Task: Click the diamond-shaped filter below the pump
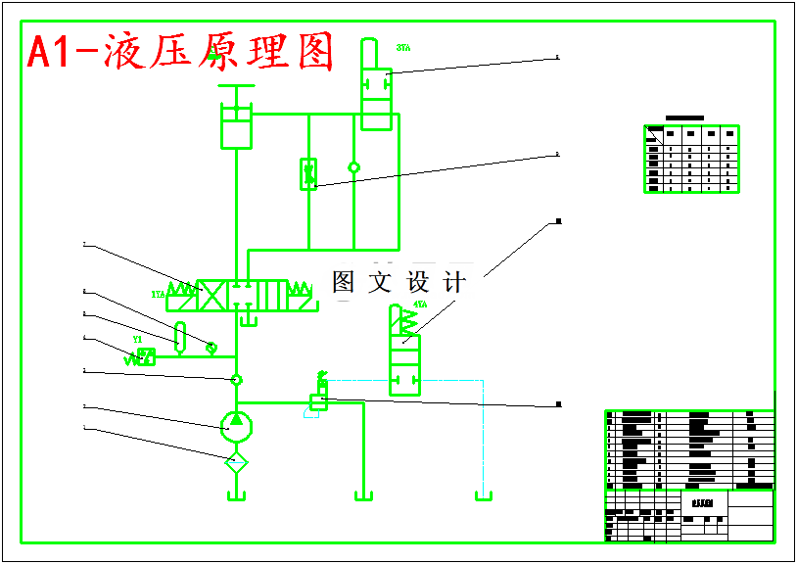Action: point(237,461)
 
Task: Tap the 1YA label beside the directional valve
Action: point(158,294)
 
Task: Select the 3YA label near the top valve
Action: point(402,47)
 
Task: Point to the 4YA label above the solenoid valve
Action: point(420,305)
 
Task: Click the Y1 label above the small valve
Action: point(137,340)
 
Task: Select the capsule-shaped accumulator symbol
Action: point(179,337)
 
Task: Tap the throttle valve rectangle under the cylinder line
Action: point(308,174)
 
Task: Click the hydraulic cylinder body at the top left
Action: point(237,127)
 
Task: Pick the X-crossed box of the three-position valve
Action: point(212,295)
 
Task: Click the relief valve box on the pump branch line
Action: point(318,399)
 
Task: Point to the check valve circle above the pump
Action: point(236,379)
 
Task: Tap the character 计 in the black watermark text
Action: point(454,283)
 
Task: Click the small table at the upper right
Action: point(690,159)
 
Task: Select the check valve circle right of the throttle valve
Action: point(353,167)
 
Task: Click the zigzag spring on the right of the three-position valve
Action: point(301,291)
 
